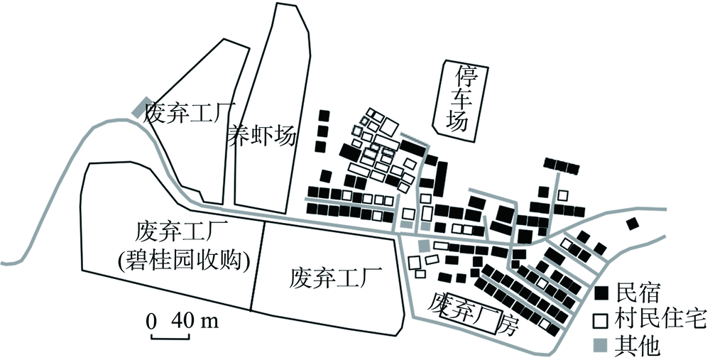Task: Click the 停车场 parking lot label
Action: pyautogui.click(x=457, y=99)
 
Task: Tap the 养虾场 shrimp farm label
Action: pyautogui.click(x=261, y=135)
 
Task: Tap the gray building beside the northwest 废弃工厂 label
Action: pyautogui.click(x=141, y=107)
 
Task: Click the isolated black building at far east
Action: pyautogui.click(x=632, y=225)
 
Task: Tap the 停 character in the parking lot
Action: pyautogui.click(x=457, y=75)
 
